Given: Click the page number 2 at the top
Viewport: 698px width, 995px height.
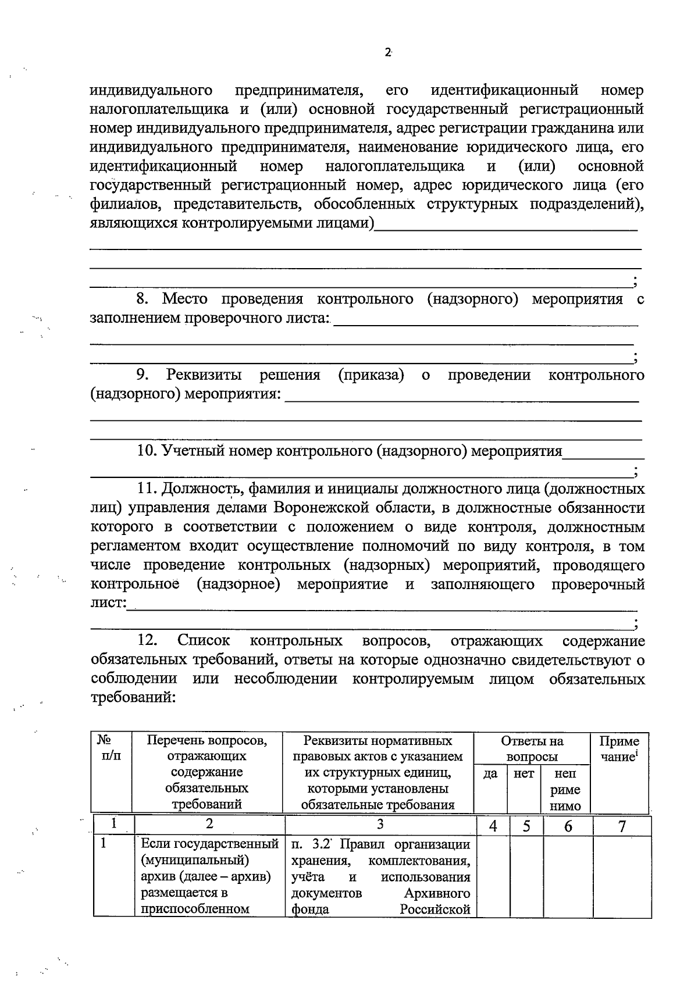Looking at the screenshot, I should click(x=387, y=52).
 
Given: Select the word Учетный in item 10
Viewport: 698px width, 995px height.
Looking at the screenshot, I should click(x=190, y=451).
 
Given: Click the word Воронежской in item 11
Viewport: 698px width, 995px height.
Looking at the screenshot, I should click(x=322, y=507).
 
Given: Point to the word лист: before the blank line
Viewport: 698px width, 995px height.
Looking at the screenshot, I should click(x=108, y=602).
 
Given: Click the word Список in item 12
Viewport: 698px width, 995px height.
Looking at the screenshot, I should click(x=204, y=640).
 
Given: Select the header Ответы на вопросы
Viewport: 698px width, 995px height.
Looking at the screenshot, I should click(x=532, y=748).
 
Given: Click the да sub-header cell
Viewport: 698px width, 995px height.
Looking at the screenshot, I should click(x=490, y=774).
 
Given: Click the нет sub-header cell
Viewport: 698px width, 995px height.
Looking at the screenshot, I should click(x=524, y=774).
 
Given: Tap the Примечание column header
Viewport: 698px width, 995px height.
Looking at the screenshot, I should click(x=619, y=748).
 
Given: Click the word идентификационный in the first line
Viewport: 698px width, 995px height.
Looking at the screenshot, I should click(x=504, y=90).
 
